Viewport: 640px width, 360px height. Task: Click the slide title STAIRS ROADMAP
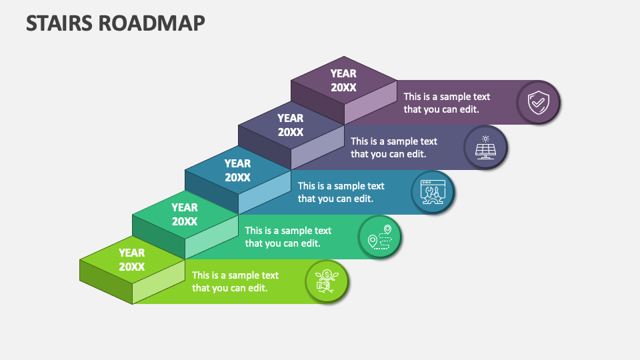[x=116, y=23]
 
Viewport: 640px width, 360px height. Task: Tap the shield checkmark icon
[x=537, y=103]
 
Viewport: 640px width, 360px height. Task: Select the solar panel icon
[x=485, y=147]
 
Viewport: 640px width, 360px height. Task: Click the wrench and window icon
[x=432, y=192]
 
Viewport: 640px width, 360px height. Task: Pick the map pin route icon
[x=379, y=236]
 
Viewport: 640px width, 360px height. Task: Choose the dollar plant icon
[x=327, y=281]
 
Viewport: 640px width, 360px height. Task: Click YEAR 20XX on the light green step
[x=132, y=259]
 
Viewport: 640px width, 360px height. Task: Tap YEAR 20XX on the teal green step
[x=185, y=214]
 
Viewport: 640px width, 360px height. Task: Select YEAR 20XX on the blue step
[x=237, y=170]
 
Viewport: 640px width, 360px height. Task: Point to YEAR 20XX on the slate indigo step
[x=291, y=125]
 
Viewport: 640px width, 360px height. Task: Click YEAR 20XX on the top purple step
[x=343, y=80]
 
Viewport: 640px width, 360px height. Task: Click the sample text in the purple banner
[x=447, y=103]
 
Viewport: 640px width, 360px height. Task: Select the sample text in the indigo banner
[x=394, y=147]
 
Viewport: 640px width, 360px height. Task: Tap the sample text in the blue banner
[x=341, y=192]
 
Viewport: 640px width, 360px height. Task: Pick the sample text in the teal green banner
[x=288, y=237]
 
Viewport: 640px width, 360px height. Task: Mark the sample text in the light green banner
[x=235, y=281]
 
